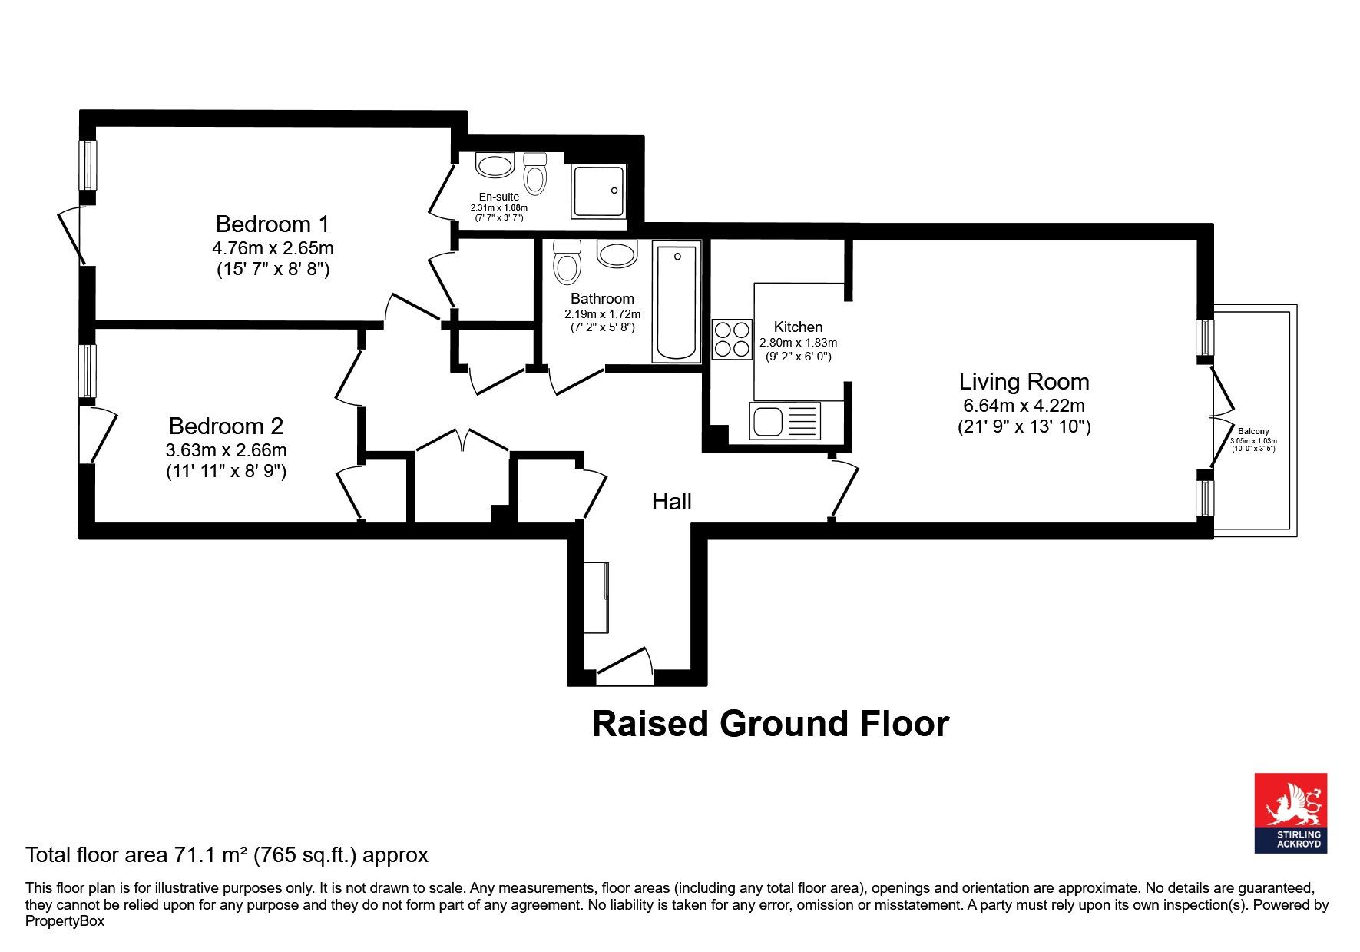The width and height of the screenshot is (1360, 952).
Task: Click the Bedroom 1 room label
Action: click(273, 224)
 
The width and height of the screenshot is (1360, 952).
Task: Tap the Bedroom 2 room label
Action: click(226, 426)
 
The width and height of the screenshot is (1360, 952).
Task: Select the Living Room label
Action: click(1024, 382)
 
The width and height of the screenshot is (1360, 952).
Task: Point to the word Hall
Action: click(672, 502)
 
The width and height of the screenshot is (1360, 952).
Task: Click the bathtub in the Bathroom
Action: click(677, 301)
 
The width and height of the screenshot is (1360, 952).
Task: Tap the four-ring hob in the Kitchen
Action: click(732, 340)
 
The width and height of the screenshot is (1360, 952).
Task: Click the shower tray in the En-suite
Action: click(598, 191)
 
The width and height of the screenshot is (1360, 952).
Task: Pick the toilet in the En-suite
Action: click(535, 173)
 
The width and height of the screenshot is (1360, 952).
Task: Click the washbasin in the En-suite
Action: click(495, 165)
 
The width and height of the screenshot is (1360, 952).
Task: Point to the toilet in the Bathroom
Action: click(567, 262)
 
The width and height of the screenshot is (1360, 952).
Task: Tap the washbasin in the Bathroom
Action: click(617, 254)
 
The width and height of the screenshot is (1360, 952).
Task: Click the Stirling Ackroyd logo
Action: click(1291, 813)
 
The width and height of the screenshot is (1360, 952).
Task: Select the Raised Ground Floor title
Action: click(770, 724)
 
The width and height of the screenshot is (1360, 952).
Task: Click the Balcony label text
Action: click(1253, 432)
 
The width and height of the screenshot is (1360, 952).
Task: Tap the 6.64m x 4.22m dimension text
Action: click(1024, 406)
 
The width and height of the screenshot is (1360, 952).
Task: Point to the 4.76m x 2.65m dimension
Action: click(273, 248)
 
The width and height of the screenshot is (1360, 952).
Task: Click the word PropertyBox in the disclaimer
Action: click(65, 920)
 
